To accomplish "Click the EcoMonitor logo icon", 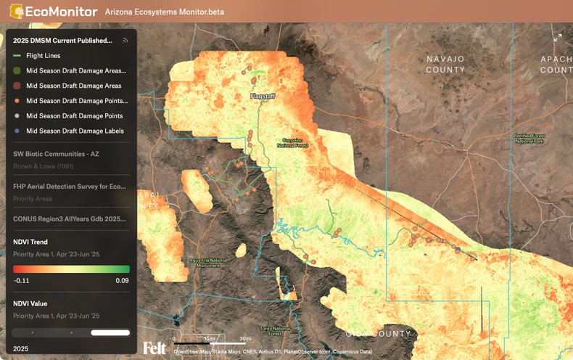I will (15, 12).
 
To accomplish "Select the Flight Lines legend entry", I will (44, 56).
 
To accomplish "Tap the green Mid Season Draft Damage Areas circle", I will (17, 71).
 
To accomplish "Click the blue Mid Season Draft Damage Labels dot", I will (17, 131).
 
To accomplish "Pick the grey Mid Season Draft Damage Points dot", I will (17, 116).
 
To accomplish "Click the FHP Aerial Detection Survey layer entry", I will (69, 187).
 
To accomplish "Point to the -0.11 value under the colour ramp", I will (21, 280).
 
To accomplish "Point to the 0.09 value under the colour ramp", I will (123, 280).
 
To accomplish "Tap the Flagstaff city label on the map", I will (264, 96).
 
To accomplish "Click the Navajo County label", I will (445, 64).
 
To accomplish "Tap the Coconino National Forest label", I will (293, 142).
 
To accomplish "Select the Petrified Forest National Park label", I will (529, 139).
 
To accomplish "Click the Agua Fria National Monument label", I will (208, 262).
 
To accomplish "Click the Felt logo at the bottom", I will (154, 348).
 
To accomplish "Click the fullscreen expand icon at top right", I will (557, 37).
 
